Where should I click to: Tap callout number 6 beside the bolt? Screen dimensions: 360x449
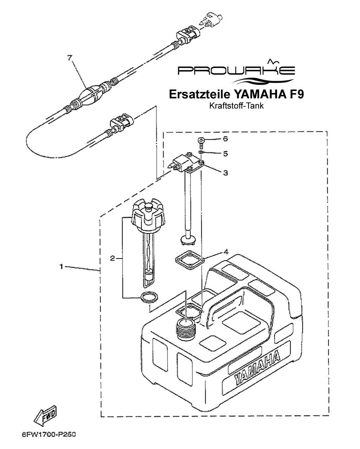(225, 139)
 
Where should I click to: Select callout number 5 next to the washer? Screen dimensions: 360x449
(225, 154)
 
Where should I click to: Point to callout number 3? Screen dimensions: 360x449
(225, 173)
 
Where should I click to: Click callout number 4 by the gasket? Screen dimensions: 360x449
(226, 252)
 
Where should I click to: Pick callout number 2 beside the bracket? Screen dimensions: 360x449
(112, 259)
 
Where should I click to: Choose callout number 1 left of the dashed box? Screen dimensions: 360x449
(61, 267)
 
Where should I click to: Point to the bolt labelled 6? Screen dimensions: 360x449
(201, 143)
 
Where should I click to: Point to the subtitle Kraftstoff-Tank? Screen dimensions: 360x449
(236, 106)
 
